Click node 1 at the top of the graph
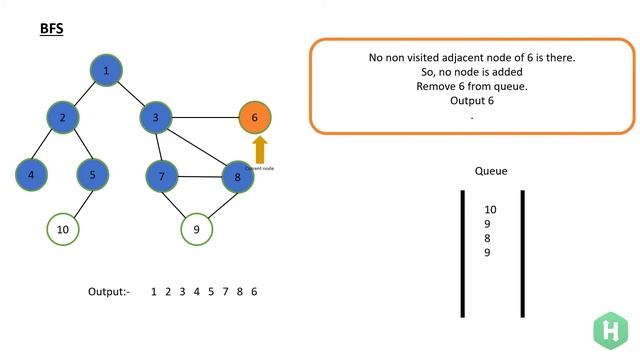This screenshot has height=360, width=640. pos(106,70)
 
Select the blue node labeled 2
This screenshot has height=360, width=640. pos(62,118)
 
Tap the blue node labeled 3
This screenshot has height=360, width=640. pos(156,118)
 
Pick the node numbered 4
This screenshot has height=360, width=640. pos(32,175)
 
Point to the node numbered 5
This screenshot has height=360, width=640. pos(92,175)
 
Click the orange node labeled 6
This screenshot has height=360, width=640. pos(255,118)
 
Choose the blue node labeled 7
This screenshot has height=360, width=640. pos(161,177)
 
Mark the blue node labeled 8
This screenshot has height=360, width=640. pos(238,177)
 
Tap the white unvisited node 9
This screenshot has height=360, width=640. pos(197,229)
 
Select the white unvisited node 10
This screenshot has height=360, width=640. pos(62,229)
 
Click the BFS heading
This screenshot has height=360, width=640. pos(51,31)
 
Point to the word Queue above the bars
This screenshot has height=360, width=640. pos(491,171)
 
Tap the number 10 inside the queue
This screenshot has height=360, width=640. pos(490,209)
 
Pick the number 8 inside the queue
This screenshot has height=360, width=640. pos(488,238)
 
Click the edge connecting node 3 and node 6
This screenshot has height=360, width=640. pos(205,118)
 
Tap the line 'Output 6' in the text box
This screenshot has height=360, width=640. pos(472,101)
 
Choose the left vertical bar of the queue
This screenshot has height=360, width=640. pos(463,252)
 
